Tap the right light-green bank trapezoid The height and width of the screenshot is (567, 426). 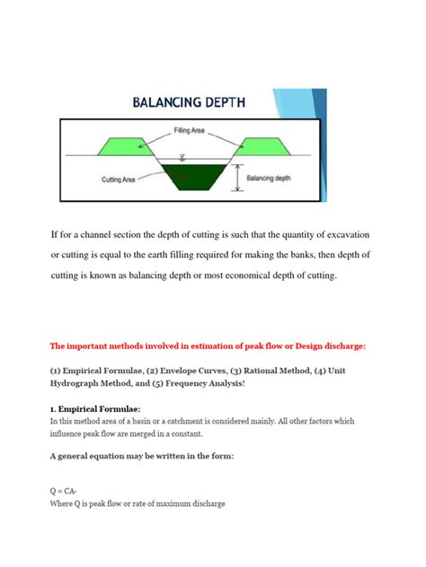pyautogui.click(x=262, y=146)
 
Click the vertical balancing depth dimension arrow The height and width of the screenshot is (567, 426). pyautogui.click(x=236, y=178)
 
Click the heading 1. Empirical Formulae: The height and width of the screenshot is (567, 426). pyautogui.click(x=100, y=410)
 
